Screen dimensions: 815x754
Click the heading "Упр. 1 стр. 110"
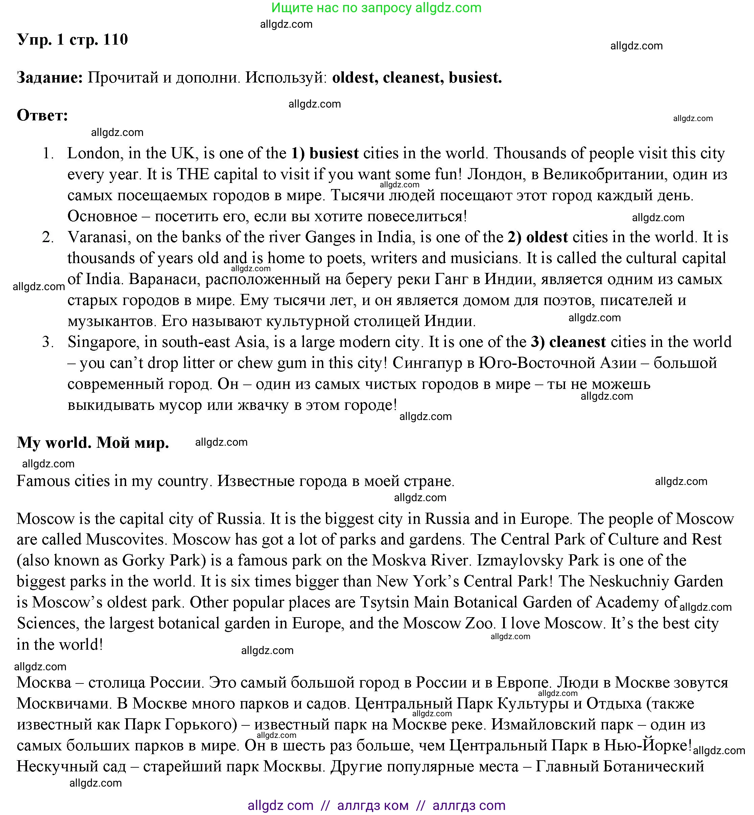click(72, 40)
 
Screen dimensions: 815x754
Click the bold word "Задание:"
click(50, 77)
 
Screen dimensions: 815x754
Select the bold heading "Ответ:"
click(42, 116)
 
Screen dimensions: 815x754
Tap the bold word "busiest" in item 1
click(334, 154)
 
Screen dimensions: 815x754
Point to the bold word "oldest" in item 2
click(547, 237)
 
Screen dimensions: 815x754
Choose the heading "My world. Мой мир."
click(93, 442)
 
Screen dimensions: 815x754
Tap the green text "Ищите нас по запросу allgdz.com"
click(376, 8)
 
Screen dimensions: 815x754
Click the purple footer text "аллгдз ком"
click(373, 805)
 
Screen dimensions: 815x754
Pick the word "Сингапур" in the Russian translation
click(432, 363)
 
